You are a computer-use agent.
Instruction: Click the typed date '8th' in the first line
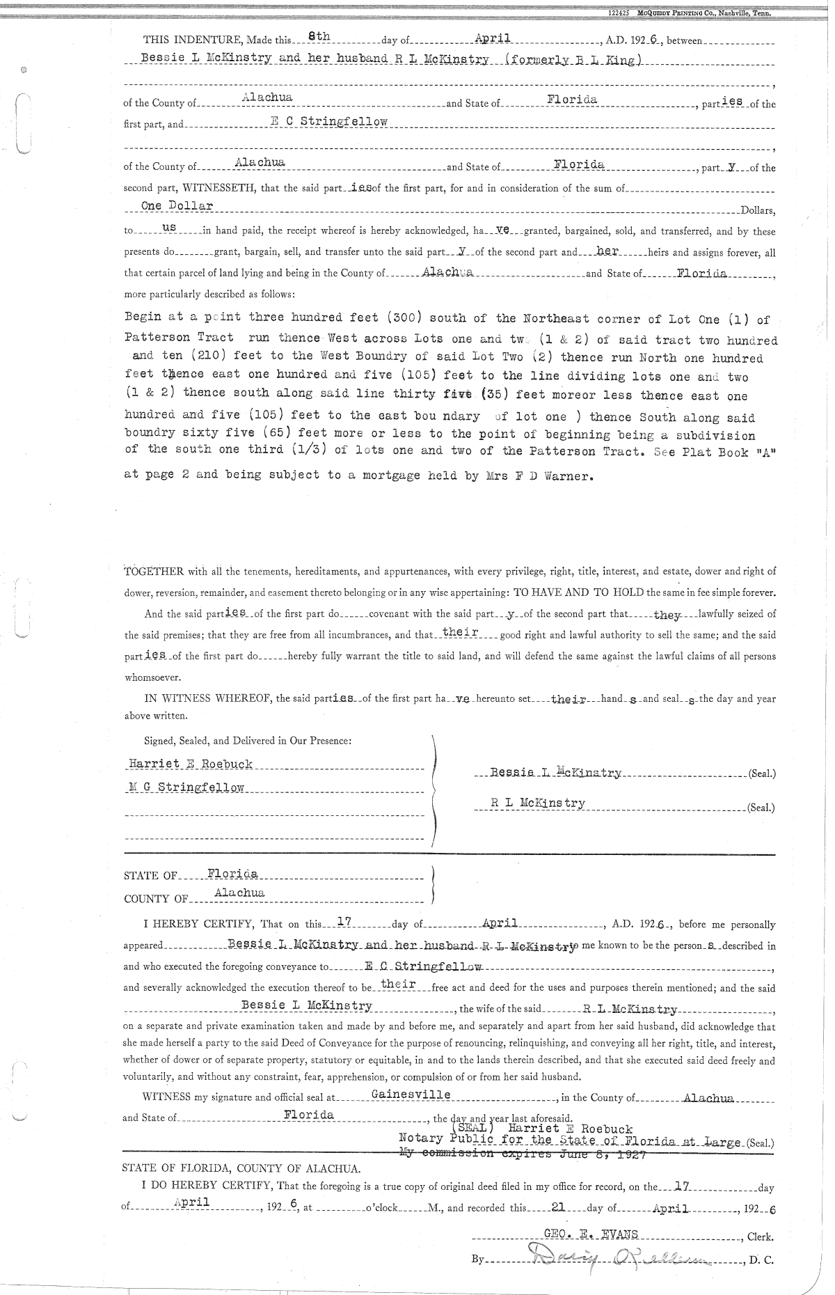pyautogui.click(x=308, y=39)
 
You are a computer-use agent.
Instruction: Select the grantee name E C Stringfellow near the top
pyautogui.click(x=328, y=122)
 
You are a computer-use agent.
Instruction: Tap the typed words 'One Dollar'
pyautogui.click(x=177, y=206)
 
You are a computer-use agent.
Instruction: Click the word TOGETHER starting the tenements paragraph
pyautogui.click(x=154, y=572)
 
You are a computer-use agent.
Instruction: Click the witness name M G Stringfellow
pyautogui.click(x=186, y=787)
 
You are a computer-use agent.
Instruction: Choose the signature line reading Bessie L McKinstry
pyautogui.click(x=555, y=772)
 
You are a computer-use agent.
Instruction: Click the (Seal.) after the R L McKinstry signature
pyautogui.click(x=761, y=808)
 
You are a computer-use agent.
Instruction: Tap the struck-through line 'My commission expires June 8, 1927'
pyautogui.click(x=522, y=1153)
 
